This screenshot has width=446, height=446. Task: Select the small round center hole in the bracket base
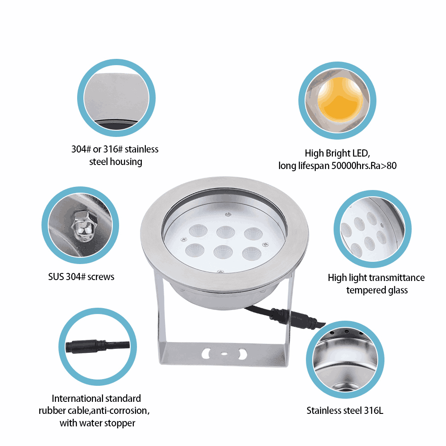coord(224,354)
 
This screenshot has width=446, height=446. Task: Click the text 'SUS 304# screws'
coord(81,277)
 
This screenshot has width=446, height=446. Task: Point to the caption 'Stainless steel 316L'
coord(345,410)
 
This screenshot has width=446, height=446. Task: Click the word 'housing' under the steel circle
coord(126,162)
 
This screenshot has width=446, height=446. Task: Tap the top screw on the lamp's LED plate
coord(228,214)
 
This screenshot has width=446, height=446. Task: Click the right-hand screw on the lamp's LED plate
coord(265,244)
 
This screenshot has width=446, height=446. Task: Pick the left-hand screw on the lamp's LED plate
coord(184,240)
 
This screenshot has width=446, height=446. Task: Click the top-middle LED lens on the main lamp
coord(226,232)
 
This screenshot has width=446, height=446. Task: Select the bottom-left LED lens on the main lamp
coord(195,250)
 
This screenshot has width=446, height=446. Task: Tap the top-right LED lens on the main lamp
coord(253,234)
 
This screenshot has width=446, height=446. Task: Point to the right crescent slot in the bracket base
coord(243,354)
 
